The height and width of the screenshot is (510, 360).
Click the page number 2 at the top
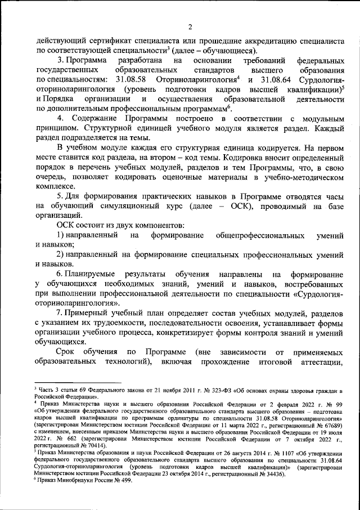tap(190, 27)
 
